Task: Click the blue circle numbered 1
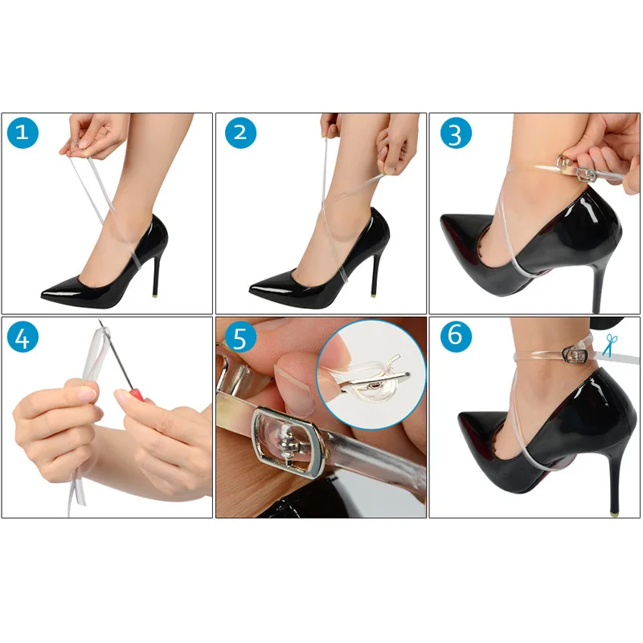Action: pos(23,133)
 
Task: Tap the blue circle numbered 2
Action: pos(240,133)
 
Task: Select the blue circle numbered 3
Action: pos(456,133)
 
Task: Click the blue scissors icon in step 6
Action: pos(610,346)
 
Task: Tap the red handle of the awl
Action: pos(137,395)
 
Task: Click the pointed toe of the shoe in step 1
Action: pos(43,293)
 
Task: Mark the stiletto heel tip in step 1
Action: pos(154,294)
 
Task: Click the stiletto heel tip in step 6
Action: pos(614,513)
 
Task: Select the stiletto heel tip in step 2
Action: pos(375,294)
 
